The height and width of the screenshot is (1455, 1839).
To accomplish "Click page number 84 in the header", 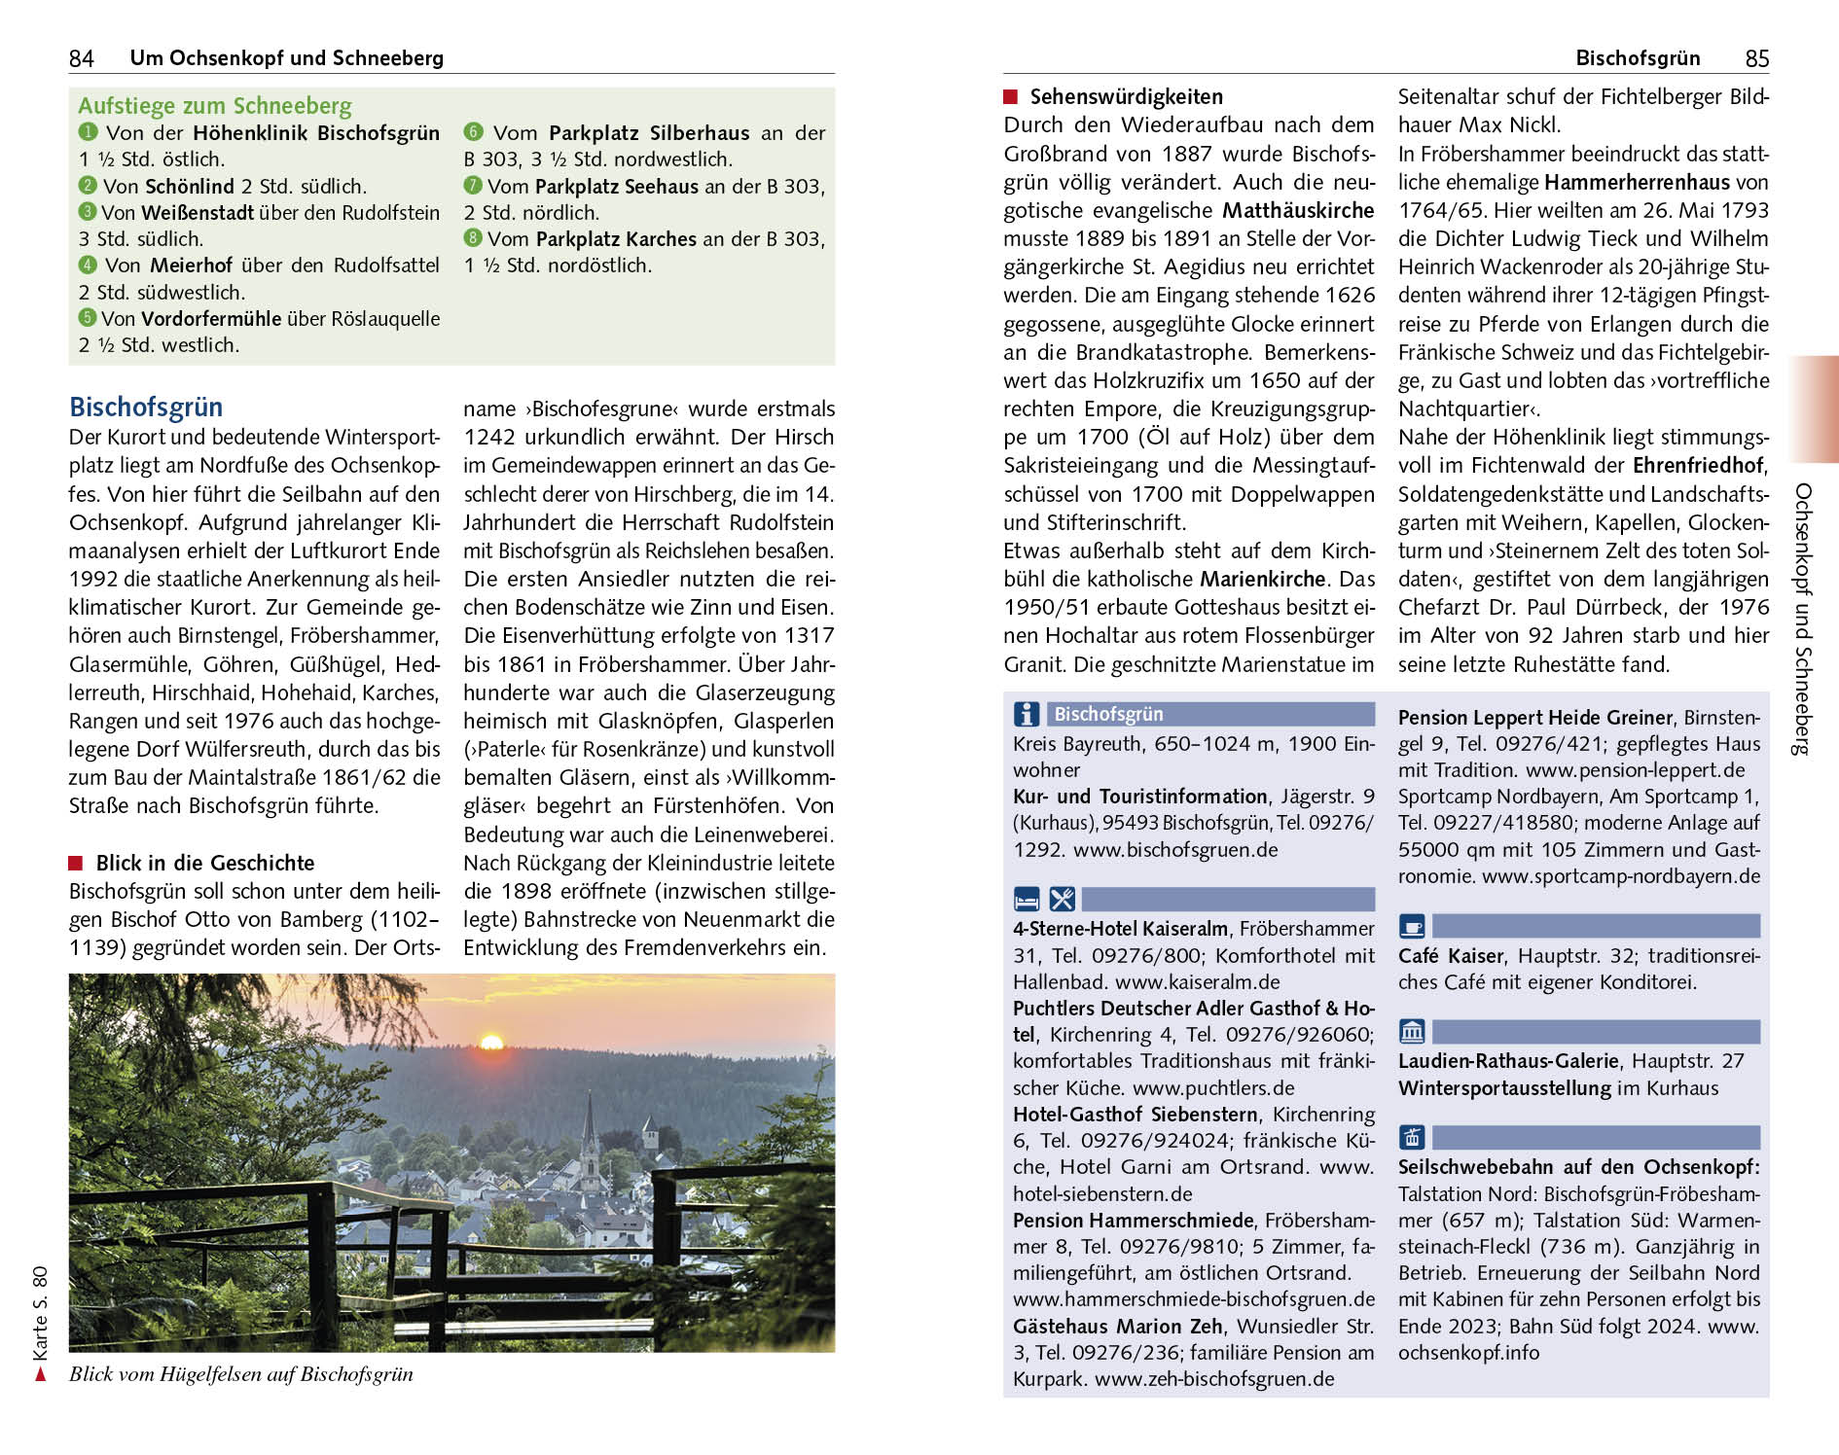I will pos(81,58).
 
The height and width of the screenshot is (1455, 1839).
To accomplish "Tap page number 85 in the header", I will pos(1756,58).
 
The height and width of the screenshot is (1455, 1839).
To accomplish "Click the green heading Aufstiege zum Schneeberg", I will pos(214,106).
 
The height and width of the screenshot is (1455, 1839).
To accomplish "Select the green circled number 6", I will pos(473,132).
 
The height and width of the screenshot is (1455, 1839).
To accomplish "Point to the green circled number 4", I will pos(88,265).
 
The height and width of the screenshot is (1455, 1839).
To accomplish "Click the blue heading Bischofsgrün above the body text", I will pos(146,407).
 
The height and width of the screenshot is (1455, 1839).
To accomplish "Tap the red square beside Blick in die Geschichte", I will pos(76,863).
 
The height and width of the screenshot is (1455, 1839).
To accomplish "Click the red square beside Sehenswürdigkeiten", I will pos(1011,96).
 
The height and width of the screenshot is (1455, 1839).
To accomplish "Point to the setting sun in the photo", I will pos(491,1043).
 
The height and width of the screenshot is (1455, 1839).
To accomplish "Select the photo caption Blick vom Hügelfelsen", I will pos(240,1374).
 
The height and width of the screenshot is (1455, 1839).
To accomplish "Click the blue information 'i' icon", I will pos(1027,714).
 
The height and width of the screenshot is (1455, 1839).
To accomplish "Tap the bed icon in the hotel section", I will pos(1027,899).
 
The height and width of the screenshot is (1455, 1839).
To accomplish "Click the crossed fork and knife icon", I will pos(1062,899).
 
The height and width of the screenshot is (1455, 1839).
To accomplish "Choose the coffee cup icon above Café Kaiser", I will pos(1412,926).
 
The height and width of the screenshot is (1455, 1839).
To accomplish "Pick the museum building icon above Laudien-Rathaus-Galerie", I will pos(1412,1031).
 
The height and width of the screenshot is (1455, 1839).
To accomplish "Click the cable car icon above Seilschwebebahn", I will pos(1412,1137).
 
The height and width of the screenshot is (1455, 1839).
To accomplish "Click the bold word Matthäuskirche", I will pos(1298,210).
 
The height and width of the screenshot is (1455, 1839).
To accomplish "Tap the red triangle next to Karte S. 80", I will pos(40,1374).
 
